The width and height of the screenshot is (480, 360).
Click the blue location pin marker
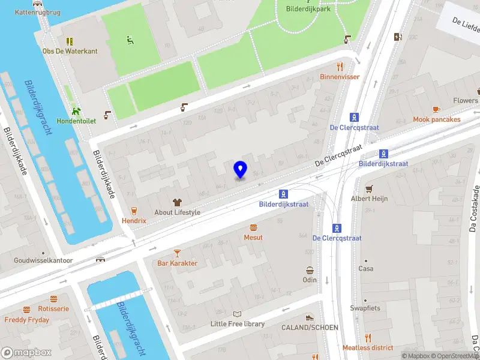point(241,170)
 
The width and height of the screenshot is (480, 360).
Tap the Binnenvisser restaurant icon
point(340,67)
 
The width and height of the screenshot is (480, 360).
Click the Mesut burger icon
point(253,227)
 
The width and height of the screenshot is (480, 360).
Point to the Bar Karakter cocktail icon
point(177,253)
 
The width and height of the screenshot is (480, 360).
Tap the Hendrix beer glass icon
point(134,211)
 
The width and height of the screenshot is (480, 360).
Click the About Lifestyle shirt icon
point(177,202)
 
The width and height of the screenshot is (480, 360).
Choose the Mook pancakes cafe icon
point(436,109)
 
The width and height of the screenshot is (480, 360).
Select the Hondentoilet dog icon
point(76,111)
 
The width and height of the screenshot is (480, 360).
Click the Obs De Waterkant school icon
point(70,41)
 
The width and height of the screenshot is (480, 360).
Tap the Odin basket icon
point(310,270)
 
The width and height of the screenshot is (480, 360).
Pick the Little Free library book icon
point(238,314)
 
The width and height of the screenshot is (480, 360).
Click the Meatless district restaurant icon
point(368,338)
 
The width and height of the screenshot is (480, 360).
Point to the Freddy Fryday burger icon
point(26,310)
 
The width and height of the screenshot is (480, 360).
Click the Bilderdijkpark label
point(308,9)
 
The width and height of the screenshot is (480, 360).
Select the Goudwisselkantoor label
point(44,261)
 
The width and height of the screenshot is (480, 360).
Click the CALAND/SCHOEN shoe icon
point(310,318)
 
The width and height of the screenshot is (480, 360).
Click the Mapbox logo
point(25,353)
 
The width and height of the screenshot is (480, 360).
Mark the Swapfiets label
point(365,308)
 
